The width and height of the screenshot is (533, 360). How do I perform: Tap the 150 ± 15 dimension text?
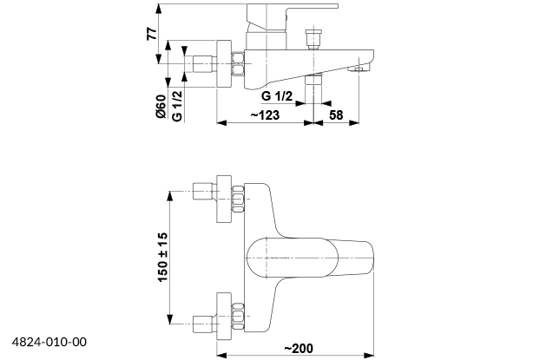162,256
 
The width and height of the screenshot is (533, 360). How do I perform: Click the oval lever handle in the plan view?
286,257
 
